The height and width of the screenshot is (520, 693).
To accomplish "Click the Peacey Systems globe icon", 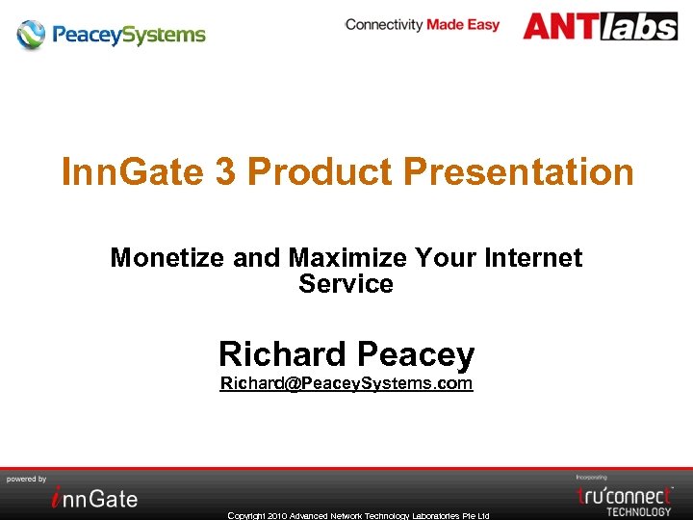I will (x=31, y=35).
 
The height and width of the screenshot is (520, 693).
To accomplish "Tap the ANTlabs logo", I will (x=600, y=26).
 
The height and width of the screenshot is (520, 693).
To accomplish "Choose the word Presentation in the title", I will (x=519, y=172).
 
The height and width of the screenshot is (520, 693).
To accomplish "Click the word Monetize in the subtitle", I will (x=168, y=258).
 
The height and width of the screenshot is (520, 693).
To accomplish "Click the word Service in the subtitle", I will (x=346, y=284).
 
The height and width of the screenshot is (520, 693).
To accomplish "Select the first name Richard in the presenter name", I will (x=282, y=354).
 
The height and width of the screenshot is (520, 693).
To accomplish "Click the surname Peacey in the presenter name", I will (x=416, y=354).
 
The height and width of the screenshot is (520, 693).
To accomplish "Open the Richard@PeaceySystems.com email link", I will (x=346, y=383).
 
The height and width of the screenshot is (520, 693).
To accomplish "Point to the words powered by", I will (x=27, y=479).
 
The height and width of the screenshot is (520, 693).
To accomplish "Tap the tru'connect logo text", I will (x=625, y=495).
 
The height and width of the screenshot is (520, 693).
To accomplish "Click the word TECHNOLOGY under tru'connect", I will (x=639, y=511).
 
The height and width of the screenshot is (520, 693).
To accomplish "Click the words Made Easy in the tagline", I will (x=463, y=25).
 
